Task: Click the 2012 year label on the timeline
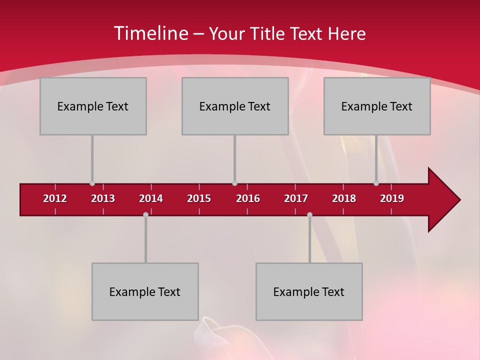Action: (55, 198)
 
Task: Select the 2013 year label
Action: (103, 198)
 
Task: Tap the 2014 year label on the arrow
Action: (151, 198)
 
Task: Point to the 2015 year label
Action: (199, 198)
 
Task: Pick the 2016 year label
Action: (248, 198)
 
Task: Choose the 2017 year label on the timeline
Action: (296, 198)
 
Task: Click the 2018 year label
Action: (344, 198)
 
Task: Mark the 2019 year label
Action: (392, 198)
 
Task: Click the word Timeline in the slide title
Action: (150, 33)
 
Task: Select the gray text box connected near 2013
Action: (93, 106)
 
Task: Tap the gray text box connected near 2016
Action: (235, 106)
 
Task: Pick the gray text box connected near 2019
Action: (377, 106)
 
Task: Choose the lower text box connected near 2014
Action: (145, 291)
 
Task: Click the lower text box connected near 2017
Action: (309, 291)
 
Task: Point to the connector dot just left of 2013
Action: (92, 183)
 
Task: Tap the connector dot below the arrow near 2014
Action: (145, 215)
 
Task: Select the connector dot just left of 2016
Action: (234, 183)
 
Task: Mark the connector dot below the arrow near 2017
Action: (309, 215)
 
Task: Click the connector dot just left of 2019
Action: (376, 183)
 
